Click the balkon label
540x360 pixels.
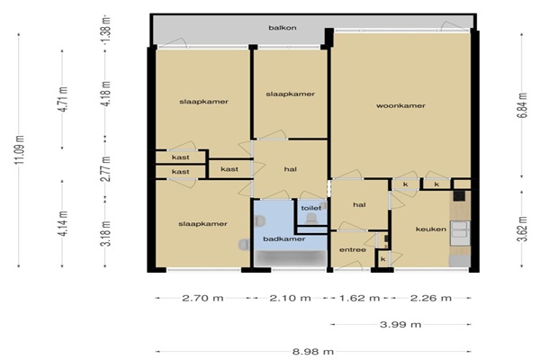[x=283, y=28]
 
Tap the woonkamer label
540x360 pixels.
[x=400, y=106]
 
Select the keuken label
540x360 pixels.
[x=431, y=229]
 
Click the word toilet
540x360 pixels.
[x=311, y=208]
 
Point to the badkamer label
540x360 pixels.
[x=284, y=239]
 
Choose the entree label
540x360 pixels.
[x=353, y=250]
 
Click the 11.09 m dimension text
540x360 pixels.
[x=20, y=150]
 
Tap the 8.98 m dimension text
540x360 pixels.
[x=313, y=352]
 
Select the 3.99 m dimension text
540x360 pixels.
[x=400, y=324]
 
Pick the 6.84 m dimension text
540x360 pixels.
[x=522, y=105]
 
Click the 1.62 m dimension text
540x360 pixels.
[x=359, y=298]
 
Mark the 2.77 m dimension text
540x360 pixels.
[x=107, y=169]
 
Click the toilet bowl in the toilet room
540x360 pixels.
[x=312, y=219]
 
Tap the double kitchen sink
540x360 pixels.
[x=460, y=229]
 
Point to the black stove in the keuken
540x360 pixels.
[x=459, y=196]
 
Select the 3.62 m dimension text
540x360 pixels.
[x=522, y=229]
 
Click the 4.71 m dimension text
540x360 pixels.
[x=64, y=99]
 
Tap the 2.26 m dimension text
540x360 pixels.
[x=431, y=298]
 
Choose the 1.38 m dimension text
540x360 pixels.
[x=107, y=29]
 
